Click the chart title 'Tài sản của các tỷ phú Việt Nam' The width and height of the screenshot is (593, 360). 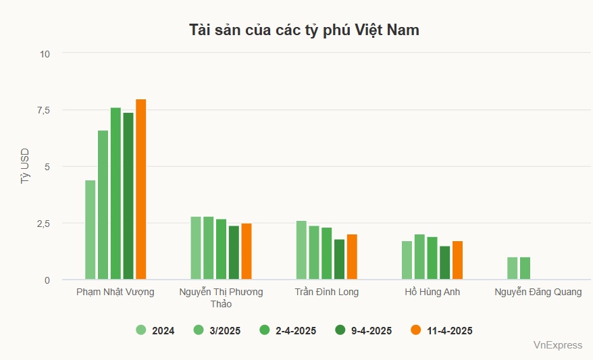[304, 30]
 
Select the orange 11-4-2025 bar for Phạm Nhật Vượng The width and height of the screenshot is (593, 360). [141, 189]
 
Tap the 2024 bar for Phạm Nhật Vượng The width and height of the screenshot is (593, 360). [91, 230]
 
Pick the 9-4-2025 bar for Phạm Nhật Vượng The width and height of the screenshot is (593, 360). [128, 196]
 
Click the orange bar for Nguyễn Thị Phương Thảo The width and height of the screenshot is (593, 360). [247, 251]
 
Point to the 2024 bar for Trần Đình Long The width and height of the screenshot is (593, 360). [301, 250]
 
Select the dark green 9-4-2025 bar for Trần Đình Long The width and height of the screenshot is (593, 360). [339, 259]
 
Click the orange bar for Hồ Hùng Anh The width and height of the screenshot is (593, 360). [457, 260]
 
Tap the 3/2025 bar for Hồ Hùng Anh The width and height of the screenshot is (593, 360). [419, 257]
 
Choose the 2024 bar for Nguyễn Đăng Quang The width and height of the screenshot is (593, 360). [513, 268]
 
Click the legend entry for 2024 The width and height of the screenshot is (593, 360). [156, 330]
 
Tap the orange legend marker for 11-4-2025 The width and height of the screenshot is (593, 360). [416, 330]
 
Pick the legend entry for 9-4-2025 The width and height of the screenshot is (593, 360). [363, 330]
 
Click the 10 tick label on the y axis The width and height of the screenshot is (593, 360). [45, 53]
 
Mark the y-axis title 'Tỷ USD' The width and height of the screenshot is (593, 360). [25, 166]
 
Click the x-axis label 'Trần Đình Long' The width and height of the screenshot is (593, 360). [327, 292]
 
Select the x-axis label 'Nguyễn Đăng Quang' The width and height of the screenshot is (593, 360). [538, 292]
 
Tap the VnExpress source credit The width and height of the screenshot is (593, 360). [557, 345]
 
